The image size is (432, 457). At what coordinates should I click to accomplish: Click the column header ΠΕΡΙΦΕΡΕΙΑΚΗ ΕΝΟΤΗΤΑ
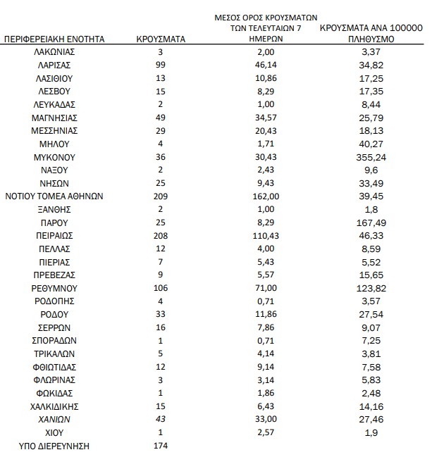click(x=54, y=39)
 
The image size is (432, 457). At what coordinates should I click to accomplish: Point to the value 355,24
click(x=371, y=157)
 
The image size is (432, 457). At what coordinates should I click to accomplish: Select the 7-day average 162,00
click(x=266, y=196)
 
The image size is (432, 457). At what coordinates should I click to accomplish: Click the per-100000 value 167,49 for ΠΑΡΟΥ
click(x=371, y=223)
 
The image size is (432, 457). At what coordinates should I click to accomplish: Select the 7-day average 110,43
click(x=266, y=236)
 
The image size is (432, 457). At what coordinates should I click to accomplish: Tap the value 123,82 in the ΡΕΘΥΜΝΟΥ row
click(x=371, y=289)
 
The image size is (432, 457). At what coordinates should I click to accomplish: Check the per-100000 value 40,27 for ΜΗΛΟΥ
click(x=371, y=144)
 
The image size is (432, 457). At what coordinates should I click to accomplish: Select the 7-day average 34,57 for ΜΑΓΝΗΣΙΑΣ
click(x=266, y=118)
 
